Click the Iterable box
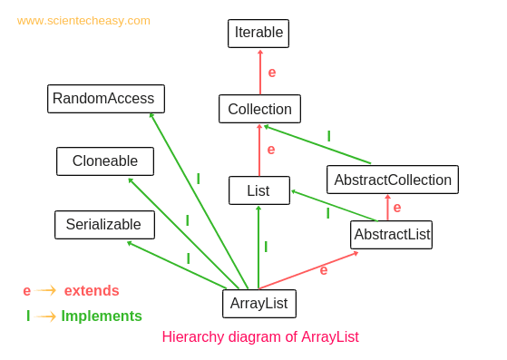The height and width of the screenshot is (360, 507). (x=258, y=34)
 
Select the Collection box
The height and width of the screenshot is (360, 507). (x=259, y=109)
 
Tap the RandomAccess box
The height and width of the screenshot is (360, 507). (x=106, y=99)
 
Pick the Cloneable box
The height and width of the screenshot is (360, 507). (x=105, y=161)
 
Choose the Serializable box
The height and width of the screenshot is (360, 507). (x=104, y=225)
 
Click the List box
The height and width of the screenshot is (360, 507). (x=258, y=190)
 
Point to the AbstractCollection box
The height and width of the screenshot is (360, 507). (x=392, y=180)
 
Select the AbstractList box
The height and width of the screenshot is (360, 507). (x=391, y=235)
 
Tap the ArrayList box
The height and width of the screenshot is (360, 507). (x=258, y=304)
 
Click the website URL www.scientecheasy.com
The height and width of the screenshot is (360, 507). (x=83, y=21)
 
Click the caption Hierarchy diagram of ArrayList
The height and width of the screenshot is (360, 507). (x=260, y=337)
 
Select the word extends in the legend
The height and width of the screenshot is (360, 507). (x=92, y=291)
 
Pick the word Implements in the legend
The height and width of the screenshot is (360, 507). (x=102, y=316)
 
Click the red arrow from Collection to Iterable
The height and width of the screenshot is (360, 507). (x=260, y=72)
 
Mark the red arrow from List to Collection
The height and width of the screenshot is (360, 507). (x=259, y=150)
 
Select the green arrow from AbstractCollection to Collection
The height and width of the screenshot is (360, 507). (x=317, y=144)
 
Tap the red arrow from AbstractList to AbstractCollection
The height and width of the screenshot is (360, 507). (x=388, y=208)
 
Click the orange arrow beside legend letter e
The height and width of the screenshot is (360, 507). (x=46, y=290)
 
